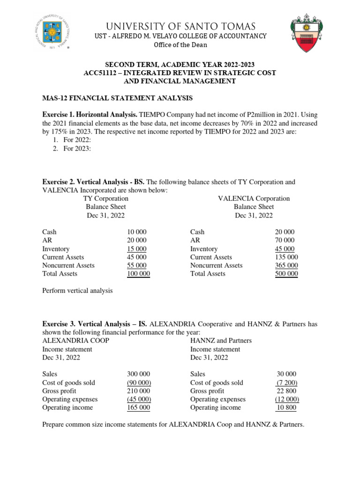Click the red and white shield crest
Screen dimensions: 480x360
(307, 32)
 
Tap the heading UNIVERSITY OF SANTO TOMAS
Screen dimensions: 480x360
(180, 26)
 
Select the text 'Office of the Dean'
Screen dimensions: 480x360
(180, 45)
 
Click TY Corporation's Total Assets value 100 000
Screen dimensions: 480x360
(138, 274)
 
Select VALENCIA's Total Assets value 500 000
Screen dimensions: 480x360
(286, 274)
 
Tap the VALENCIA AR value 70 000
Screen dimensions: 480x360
(285, 240)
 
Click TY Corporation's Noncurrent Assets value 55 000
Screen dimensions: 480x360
(136, 265)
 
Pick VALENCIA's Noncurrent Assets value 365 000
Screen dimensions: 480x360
(286, 265)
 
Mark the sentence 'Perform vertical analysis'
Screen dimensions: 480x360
(78, 291)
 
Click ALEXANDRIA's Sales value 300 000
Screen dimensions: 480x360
(138, 374)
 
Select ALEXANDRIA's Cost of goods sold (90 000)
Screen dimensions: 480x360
(138, 382)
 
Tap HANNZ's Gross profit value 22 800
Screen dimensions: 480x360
(287, 391)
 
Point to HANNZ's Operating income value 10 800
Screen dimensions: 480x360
(287, 408)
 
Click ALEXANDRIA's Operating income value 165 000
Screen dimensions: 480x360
(138, 408)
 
